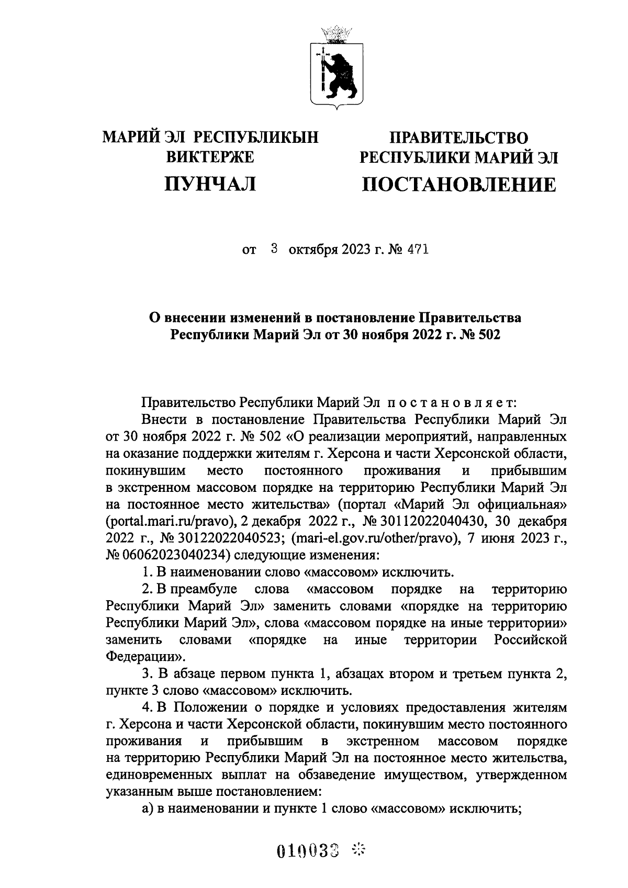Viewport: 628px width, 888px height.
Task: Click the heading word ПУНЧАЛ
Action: pos(210,184)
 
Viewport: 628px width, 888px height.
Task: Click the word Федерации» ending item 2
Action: pos(145,656)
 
